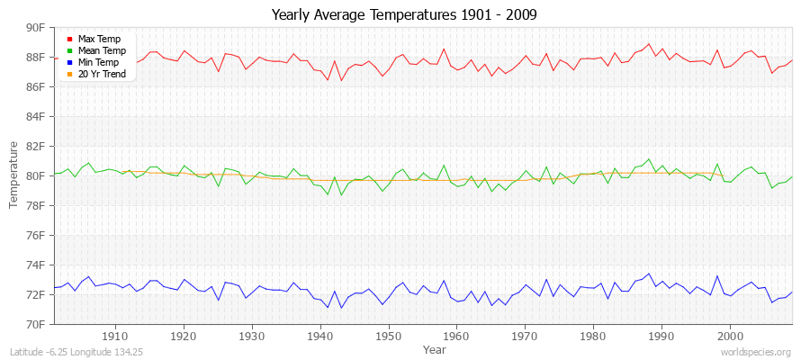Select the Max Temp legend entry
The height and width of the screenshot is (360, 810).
coord(99,39)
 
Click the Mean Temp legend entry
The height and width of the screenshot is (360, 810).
coord(101,50)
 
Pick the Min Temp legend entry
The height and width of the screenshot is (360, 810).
coord(99,62)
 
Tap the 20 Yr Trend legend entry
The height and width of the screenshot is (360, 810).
coord(102,74)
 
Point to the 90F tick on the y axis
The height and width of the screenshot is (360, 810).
coord(35,28)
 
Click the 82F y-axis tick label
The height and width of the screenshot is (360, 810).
coord(35,146)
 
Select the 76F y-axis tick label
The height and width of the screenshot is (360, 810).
coord(35,235)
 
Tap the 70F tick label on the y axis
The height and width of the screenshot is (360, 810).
coord(35,324)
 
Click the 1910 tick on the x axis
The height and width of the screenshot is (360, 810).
coord(115,336)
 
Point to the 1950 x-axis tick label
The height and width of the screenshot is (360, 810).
coord(388,336)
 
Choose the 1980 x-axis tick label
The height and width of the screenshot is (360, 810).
coord(593,336)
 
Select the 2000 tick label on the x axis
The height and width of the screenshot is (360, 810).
coord(730,336)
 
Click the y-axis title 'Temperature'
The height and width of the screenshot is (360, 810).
coord(13,175)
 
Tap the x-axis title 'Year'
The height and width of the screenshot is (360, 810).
coord(434,348)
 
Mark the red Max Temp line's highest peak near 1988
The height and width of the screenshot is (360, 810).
coord(648,43)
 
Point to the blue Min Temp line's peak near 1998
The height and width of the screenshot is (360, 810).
coord(717,276)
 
